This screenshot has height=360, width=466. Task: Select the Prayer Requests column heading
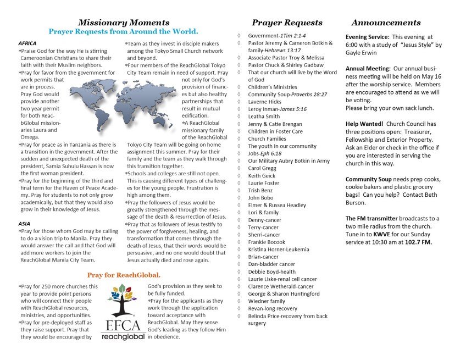pyautogui.click(x=287, y=23)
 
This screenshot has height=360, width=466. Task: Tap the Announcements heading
pyautogui.click(x=386, y=23)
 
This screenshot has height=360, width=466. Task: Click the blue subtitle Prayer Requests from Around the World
pyautogui.click(x=123, y=32)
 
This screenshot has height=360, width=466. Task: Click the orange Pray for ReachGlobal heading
pyautogui.click(x=124, y=274)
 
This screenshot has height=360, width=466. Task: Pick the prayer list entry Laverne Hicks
pyautogui.click(x=265, y=102)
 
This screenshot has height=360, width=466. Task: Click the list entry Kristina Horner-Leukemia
pyautogui.click(x=278, y=249)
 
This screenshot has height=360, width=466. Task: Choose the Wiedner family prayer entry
pyautogui.click(x=267, y=301)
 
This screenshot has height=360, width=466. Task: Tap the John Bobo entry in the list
pyautogui.click(x=260, y=197)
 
